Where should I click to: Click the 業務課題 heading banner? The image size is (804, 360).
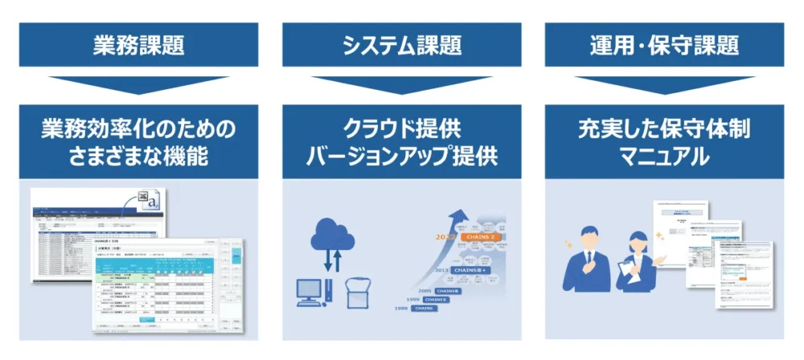point(137,44)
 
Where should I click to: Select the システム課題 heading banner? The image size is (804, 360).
point(401,44)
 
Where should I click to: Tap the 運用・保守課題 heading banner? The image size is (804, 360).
point(664,44)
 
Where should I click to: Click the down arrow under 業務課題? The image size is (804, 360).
point(137,85)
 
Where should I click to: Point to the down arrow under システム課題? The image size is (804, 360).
point(401,85)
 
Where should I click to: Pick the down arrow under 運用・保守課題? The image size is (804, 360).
point(664,85)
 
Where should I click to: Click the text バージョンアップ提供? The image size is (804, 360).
point(401,156)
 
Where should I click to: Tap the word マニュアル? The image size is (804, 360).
point(664,156)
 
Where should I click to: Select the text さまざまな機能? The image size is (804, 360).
point(137,156)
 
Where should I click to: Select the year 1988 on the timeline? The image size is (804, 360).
point(402,309)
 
